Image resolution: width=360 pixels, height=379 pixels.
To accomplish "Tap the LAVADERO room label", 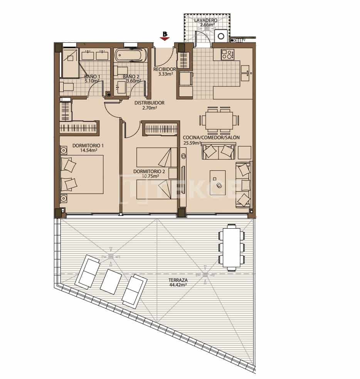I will click(205, 20).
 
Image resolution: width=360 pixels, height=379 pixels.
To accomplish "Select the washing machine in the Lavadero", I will click(221, 36).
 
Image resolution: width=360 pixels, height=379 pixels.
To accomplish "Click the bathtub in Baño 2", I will click(131, 55).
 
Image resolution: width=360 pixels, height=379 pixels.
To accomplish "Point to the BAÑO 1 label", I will click(92, 76).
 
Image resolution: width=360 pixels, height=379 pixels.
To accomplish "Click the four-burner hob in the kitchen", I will click(227, 55).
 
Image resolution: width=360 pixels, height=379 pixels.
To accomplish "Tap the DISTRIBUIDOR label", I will click(149, 103).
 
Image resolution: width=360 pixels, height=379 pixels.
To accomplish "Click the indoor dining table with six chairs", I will click(219, 118).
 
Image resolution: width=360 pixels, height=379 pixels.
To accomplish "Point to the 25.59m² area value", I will click(192, 143).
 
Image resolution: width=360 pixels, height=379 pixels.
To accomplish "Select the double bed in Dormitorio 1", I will click(82, 174).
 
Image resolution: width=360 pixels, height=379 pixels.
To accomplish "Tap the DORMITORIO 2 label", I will click(149, 171).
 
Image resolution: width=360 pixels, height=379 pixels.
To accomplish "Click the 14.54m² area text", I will click(82, 151).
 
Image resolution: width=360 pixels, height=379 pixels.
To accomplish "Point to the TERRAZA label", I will click(178, 280).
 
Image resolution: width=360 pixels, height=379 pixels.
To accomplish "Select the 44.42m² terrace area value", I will click(178, 285).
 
